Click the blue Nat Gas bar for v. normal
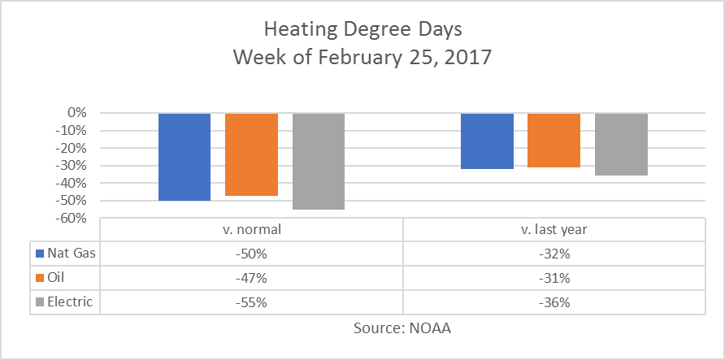tap(185, 157)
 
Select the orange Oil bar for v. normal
tap(251, 154)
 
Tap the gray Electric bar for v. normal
tap(319, 161)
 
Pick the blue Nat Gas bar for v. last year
tap(487, 141)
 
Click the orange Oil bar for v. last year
tap(554, 141)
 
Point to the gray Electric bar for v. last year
tap(621, 145)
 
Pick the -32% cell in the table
tap(554, 254)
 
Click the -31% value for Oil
tap(554, 278)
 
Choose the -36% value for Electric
tap(554, 302)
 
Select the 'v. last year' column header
tap(554, 230)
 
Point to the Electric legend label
tap(71, 302)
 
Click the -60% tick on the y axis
tap(72, 218)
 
